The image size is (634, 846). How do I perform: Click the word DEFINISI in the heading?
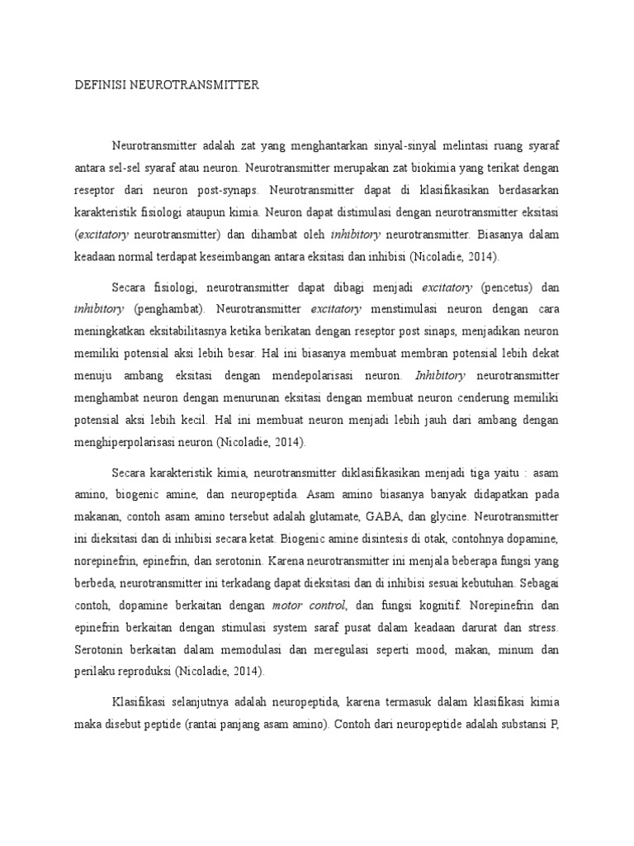98,84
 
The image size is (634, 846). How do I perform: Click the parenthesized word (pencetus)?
507,288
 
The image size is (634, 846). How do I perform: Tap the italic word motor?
283,605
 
